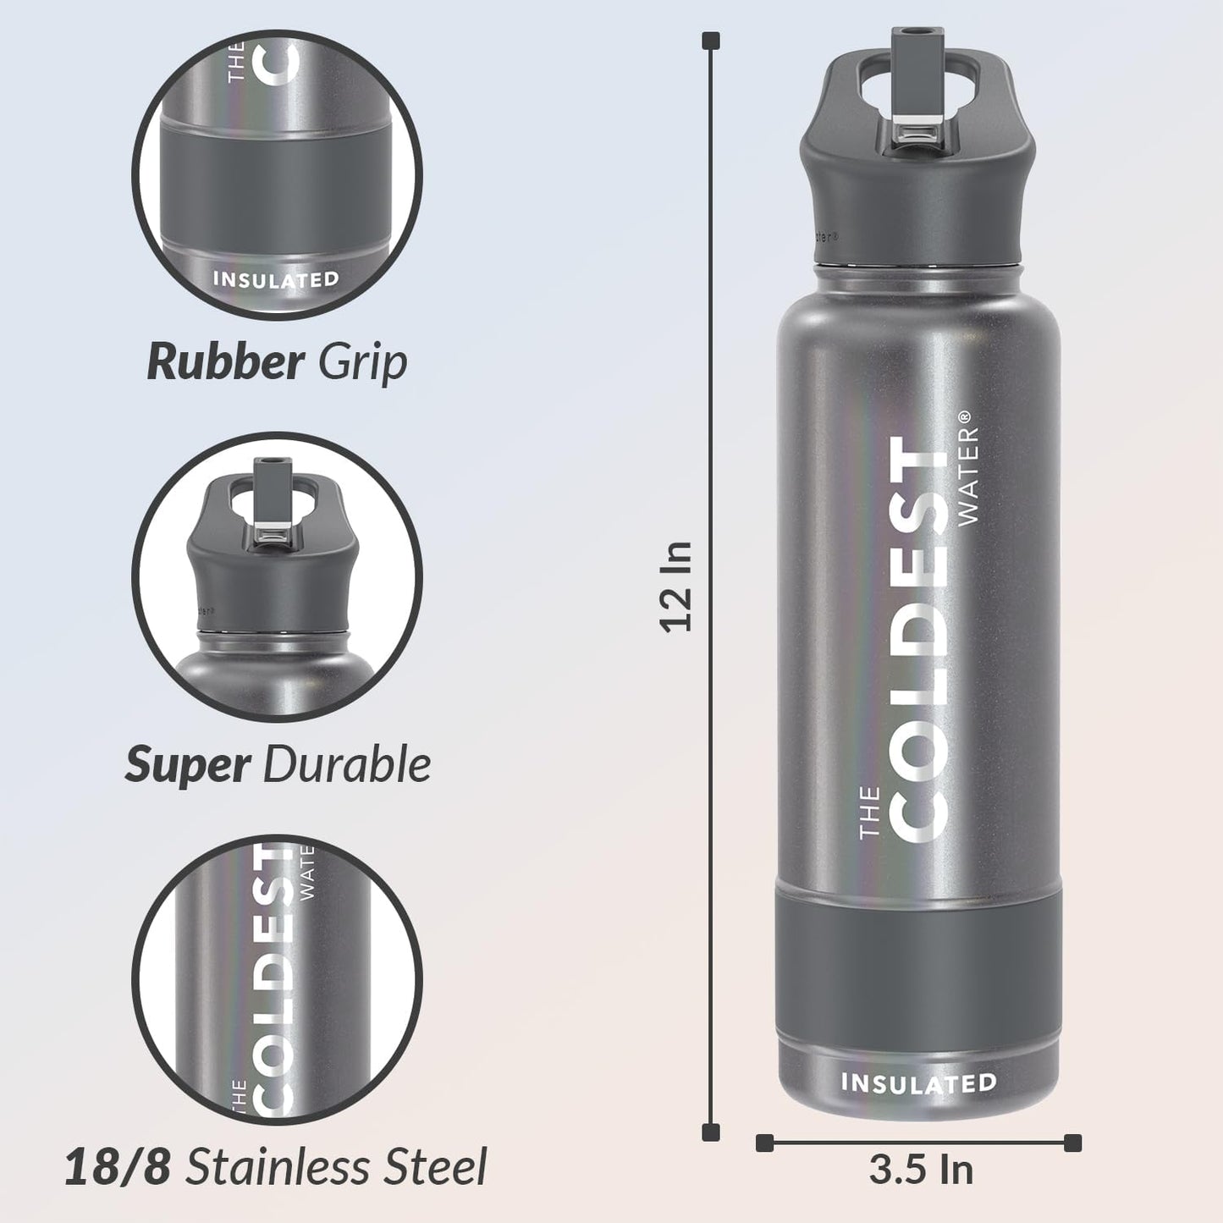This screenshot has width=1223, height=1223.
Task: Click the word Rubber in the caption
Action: point(224,362)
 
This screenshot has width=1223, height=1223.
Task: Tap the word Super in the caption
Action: point(187,765)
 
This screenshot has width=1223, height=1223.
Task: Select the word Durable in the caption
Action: point(347,765)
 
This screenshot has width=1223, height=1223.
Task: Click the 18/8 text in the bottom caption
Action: point(118,1167)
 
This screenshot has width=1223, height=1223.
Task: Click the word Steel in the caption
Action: point(435,1167)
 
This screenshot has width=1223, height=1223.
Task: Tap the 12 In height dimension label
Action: point(677,587)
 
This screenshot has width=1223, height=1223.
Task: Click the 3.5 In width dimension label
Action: point(920,1171)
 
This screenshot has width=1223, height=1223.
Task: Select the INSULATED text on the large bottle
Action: point(918,1083)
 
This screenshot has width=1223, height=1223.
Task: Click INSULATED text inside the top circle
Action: point(276,279)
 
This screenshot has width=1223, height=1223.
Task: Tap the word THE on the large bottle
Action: point(870,813)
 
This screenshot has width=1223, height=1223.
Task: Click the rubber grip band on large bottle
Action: point(918,965)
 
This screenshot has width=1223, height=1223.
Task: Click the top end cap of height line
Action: point(712,40)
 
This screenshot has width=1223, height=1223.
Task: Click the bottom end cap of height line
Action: point(712,1132)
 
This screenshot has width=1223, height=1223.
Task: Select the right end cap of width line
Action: point(1072,1143)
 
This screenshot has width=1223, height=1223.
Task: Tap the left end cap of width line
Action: point(764,1143)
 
